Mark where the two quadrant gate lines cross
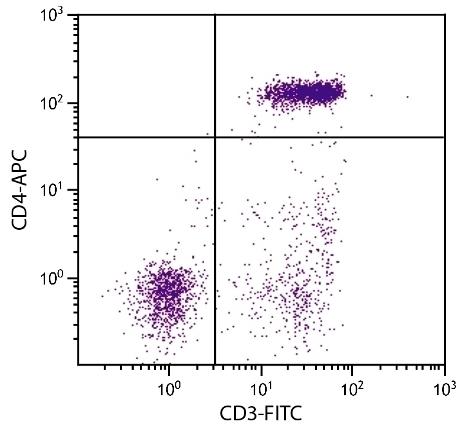[x=214, y=137]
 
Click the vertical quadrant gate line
[x=214, y=257]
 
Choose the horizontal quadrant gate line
[x=335, y=137]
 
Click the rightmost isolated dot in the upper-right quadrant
[x=408, y=97]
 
